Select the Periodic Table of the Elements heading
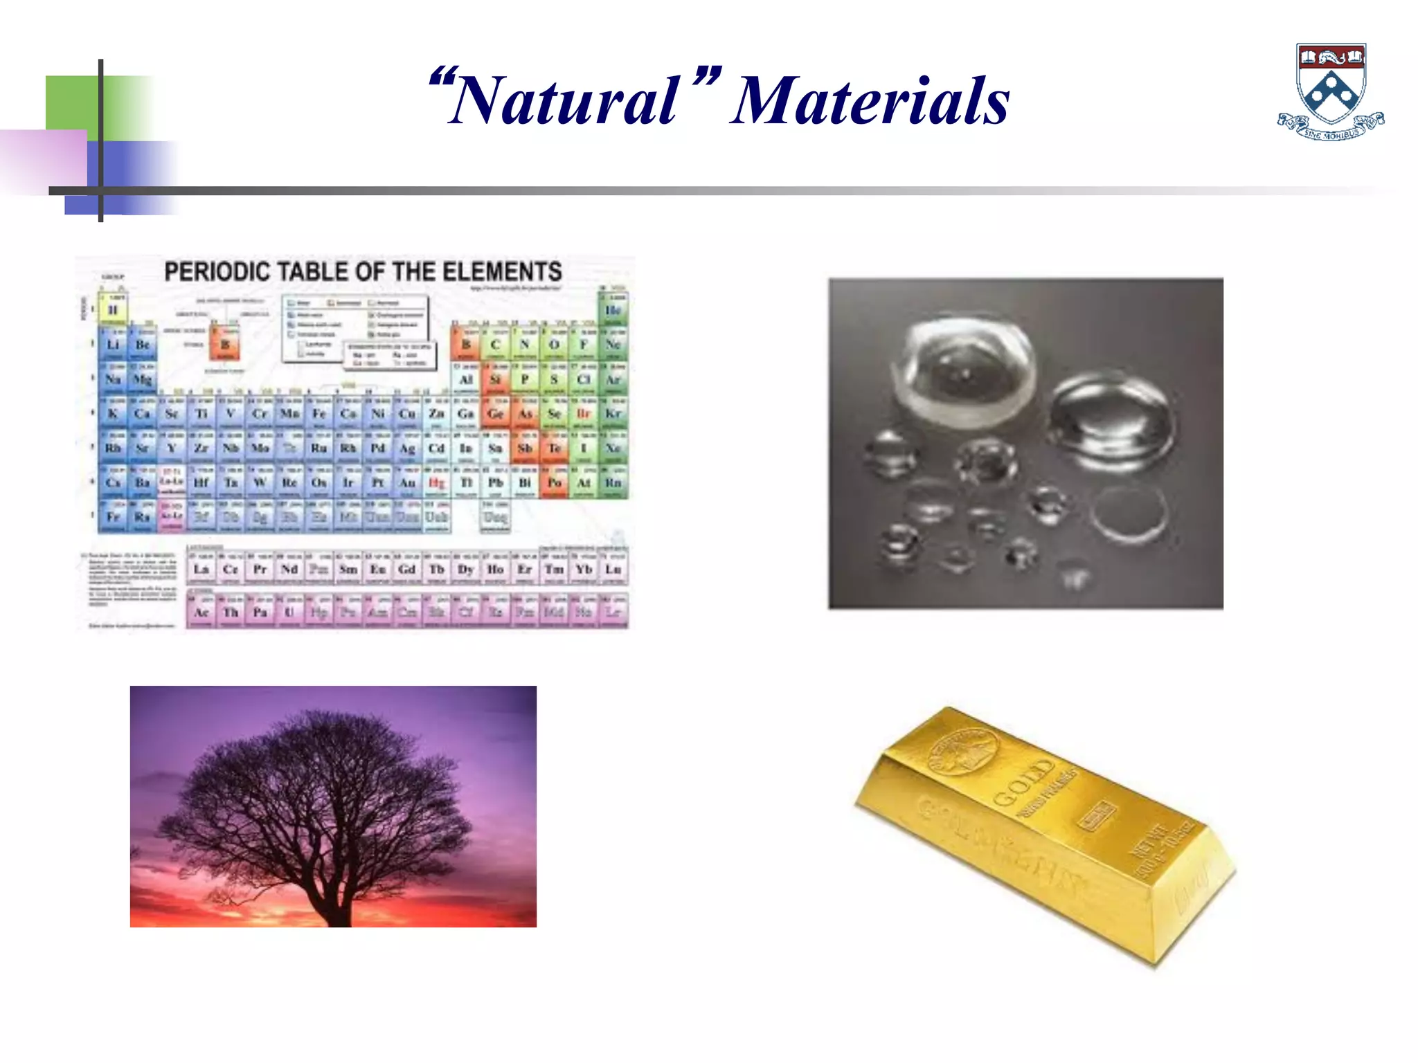[363, 271]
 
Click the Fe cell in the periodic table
[318, 414]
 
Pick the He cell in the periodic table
[613, 310]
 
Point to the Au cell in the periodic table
[407, 482]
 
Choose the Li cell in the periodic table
[113, 345]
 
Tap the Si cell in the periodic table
[495, 379]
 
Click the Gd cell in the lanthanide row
[407, 569]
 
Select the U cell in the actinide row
[289, 612]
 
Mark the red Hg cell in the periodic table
[436, 482]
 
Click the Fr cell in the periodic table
[113, 517]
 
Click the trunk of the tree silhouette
[339, 900]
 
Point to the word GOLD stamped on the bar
[1023, 782]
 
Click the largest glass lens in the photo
[966, 374]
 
